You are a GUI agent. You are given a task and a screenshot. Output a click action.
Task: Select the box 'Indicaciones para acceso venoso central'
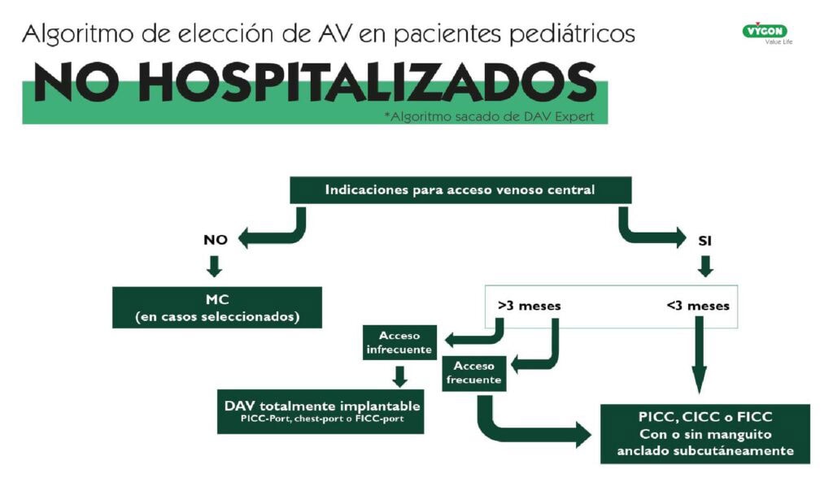[x=460, y=190]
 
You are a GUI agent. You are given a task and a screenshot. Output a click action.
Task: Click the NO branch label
[x=215, y=240]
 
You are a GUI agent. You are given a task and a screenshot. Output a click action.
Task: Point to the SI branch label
[x=704, y=240]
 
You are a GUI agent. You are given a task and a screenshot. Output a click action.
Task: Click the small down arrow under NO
[x=215, y=266]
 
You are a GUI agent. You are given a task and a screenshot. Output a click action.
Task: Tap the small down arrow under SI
[x=704, y=266]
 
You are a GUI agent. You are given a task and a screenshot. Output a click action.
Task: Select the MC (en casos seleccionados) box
[x=216, y=307]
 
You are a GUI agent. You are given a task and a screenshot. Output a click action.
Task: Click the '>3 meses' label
[x=529, y=306]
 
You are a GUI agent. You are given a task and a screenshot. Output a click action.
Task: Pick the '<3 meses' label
[x=697, y=306]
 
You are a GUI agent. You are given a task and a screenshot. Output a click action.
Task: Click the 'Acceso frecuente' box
[x=474, y=372]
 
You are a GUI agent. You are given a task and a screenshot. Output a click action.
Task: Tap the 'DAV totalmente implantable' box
[x=321, y=411]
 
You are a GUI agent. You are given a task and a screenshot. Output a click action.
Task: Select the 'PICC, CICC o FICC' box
[x=704, y=433]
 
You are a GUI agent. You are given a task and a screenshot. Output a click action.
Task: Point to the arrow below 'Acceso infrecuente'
[x=399, y=375]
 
